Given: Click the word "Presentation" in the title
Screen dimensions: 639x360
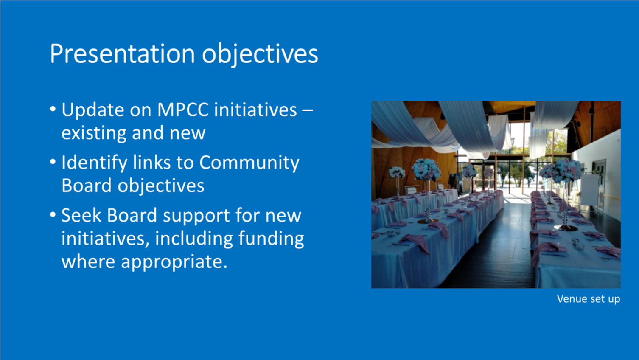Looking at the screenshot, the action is point(122,53).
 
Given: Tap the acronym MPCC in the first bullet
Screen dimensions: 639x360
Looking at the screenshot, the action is point(183,110).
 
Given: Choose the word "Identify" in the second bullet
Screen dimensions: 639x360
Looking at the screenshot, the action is point(95,163).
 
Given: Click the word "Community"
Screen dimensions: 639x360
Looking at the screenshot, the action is point(249,163).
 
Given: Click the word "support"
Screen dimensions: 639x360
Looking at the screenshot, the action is point(196,216).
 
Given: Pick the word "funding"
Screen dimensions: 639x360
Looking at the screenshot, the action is point(271,239).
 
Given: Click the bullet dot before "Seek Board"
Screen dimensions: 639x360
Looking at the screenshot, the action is point(53,215).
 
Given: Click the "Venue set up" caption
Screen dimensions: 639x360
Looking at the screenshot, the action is point(588,299).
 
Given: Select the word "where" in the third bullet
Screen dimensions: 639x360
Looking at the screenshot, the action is point(88,262).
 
